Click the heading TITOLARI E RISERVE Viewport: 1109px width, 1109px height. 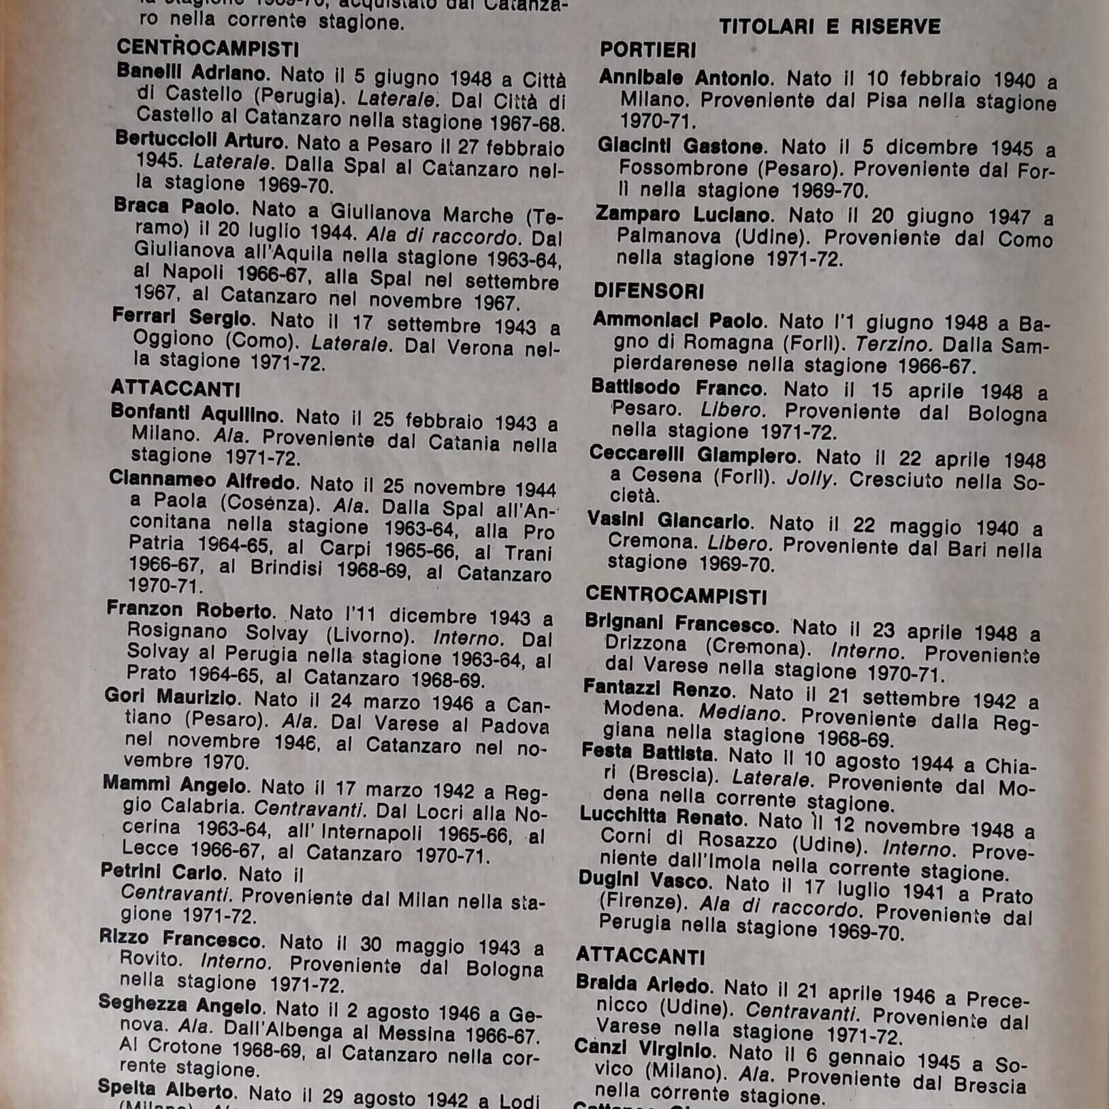(x=829, y=27)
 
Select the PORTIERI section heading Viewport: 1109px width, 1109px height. (x=647, y=50)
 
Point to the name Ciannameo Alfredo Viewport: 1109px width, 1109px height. (x=203, y=481)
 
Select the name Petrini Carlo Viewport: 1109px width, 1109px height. (x=161, y=872)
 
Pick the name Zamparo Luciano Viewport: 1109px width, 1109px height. (x=683, y=215)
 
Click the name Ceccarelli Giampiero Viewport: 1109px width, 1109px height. (x=692, y=455)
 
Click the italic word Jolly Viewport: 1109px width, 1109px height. (x=809, y=479)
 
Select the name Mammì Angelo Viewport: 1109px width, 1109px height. (x=174, y=785)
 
